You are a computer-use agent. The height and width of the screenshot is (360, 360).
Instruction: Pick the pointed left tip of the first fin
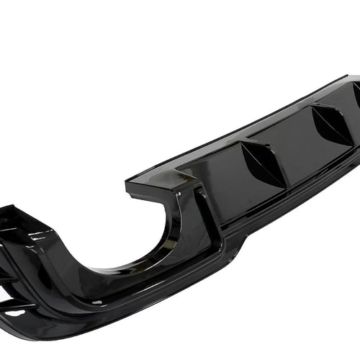243,145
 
